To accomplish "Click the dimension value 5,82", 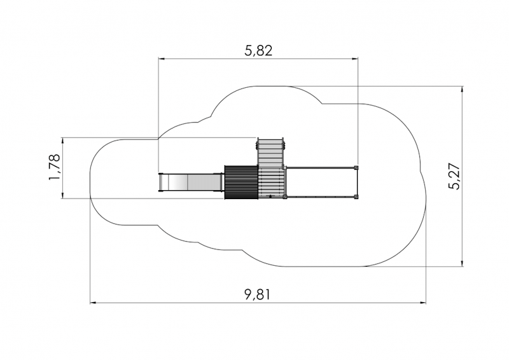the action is pyautogui.click(x=258, y=51).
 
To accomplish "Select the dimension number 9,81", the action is pyautogui.click(x=257, y=294).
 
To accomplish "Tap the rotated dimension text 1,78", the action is pyautogui.click(x=54, y=167).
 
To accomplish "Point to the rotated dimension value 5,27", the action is pyautogui.click(x=454, y=176).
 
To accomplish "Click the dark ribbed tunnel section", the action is pyautogui.click(x=241, y=182).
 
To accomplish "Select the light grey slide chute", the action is pyautogui.click(x=191, y=183).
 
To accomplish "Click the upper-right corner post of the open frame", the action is pyautogui.click(x=356, y=167).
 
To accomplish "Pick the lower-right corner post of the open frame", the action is pyautogui.click(x=356, y=197).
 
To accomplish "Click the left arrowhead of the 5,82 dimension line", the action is pyautogui.click(x=161, y=59).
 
